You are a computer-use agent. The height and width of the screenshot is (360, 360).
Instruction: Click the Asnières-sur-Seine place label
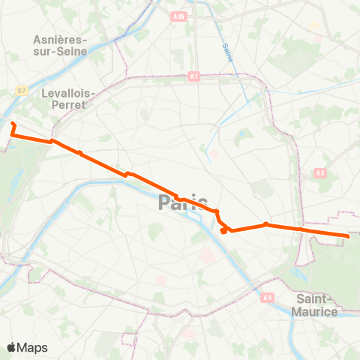coord(61,45)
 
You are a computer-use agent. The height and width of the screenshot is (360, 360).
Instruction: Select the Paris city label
coord(183,202)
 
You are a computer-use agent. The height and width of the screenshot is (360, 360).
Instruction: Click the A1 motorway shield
coord(193,76)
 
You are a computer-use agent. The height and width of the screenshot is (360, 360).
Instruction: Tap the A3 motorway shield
coord(321,172)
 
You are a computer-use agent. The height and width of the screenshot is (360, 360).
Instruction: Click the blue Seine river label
coord(227,52)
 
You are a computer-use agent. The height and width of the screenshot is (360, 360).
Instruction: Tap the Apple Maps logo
coord(27,347)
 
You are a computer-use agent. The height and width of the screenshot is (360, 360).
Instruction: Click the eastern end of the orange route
coord(348,236)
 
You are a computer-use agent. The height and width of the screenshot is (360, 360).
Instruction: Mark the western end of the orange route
coord(13,123)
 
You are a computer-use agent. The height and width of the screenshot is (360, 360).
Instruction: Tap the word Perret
coord(68,106)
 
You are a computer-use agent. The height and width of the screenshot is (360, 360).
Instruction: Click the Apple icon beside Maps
coord(12,346)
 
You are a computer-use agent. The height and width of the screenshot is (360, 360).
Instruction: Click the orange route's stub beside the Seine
coord(223,231)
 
